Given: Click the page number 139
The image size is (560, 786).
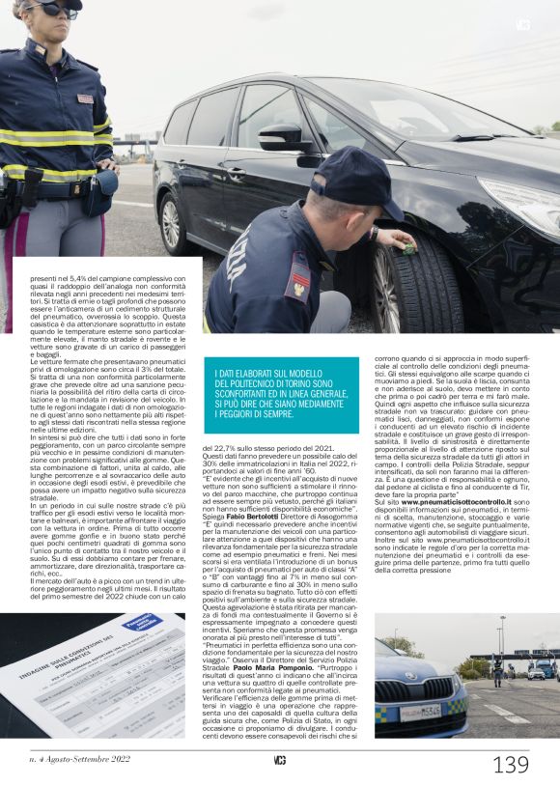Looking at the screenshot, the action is coord(511,765).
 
